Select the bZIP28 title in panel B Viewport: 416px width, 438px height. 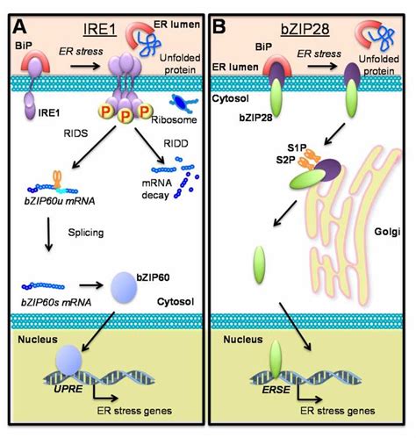coord(307,15)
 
